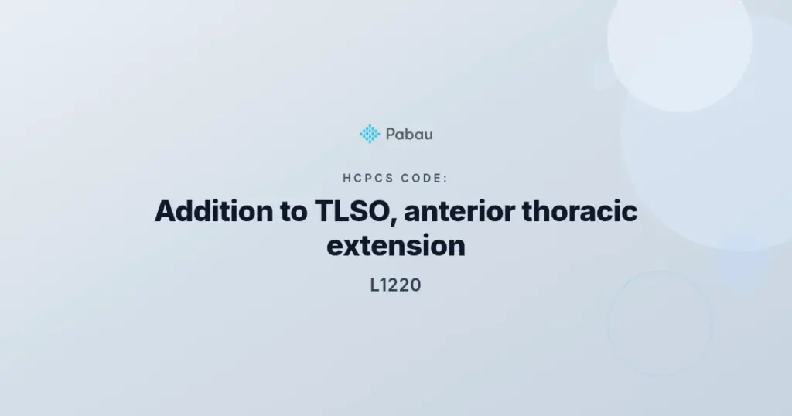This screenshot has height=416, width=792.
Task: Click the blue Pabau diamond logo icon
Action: click(370, 134)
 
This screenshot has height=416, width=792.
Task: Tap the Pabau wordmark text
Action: click(409, 135)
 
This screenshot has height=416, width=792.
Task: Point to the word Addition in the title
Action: click(214, 211)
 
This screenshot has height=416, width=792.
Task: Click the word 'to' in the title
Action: click(293, 212)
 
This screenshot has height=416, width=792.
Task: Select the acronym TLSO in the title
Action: click(352, 211)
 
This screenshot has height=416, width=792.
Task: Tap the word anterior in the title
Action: click(459, 211)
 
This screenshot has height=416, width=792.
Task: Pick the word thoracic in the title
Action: click(579, 211)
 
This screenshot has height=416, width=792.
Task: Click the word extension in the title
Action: click(396, 246)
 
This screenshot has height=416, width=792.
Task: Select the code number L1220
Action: click(395, 285)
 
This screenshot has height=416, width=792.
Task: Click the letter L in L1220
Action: click(374, 285)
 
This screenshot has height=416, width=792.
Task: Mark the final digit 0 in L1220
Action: click(415, 285)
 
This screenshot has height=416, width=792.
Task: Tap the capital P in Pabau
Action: click(391, 135)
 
